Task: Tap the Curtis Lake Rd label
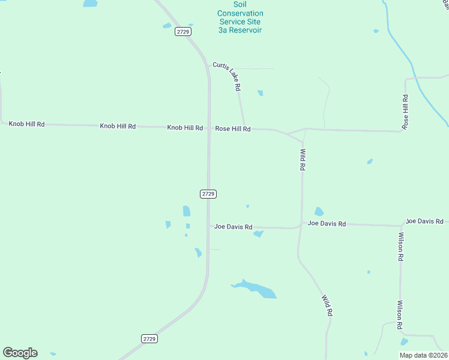point(227,76)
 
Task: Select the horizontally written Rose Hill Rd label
point(233,129)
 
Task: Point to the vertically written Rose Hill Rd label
point(406,112)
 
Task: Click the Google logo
point(20,353)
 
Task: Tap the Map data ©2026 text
point(423,355)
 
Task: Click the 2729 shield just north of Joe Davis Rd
point(208,194)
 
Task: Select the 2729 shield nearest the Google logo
point(149,339)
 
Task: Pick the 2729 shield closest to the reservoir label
point(183,31)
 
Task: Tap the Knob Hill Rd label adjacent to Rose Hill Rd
point(185,128)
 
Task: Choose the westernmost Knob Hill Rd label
point(26,124)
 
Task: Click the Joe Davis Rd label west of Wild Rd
point(234,227)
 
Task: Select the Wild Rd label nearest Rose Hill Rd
point(303,160)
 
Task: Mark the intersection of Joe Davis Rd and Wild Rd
point(301,226)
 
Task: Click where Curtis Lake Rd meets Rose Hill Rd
point(244,128)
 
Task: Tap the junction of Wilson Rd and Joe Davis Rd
point(400,226)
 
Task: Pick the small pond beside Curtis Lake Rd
point(260,93)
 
